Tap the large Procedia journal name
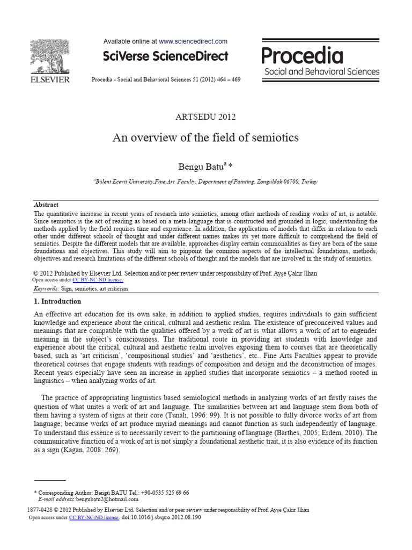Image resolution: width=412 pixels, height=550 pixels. pyautogui.click(x=302, y=56)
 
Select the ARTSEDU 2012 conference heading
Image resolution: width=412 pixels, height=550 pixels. pyautogui.click(x=205, y=117)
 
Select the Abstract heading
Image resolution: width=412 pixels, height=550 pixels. pyautogui.click(x=46, y=205)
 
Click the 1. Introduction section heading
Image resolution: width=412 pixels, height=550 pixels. pyautogui.click(x=57, y=301)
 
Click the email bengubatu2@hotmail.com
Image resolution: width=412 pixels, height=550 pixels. pyautogui.click(x=108, y=499)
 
